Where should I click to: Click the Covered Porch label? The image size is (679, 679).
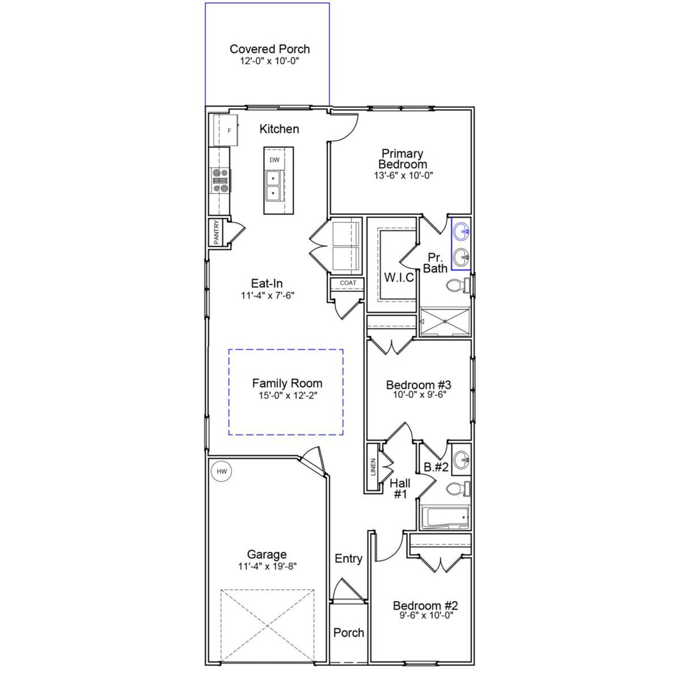[269, 49]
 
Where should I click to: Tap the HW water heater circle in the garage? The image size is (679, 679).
[222, 471]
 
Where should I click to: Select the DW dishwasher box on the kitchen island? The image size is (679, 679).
[274, 160]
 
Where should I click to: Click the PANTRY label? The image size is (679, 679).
[216, 232]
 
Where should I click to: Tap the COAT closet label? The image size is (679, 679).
[348, 283]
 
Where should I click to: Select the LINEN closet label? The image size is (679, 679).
[373, 467]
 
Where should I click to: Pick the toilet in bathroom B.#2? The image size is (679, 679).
[457, 488]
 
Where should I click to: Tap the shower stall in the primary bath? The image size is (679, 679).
[445, 322]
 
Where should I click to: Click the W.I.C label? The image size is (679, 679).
[399, 277]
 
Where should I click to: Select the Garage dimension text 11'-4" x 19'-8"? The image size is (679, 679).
[267, 566]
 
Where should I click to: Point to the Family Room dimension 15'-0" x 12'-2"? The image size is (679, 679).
[287, 395]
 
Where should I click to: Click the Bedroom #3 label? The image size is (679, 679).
[419, 385]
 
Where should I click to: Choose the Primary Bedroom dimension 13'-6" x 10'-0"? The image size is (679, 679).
[403, 176]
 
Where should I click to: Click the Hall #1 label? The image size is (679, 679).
[400, 489]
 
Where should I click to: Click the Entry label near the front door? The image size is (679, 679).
[349, 559]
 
